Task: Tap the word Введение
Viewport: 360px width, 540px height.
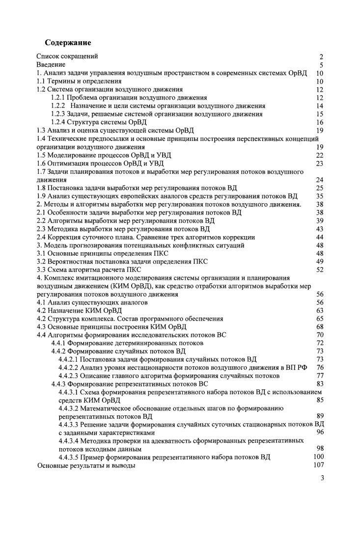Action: click(51, 64)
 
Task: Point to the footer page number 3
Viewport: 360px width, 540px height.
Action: click(322, 480)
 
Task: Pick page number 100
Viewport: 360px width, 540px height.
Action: click(318, 457)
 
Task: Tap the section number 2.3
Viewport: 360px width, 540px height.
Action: click(42, 229)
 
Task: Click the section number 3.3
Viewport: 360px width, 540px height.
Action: click(42, 270)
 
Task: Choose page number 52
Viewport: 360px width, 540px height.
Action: click(320, 270)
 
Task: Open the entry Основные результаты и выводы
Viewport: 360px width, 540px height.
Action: click(86, 465)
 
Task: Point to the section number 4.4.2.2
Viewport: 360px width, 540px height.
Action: click(68, 367)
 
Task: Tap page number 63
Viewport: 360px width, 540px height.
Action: click(320, 310)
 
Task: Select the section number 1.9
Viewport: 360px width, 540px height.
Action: click(42, 196)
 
